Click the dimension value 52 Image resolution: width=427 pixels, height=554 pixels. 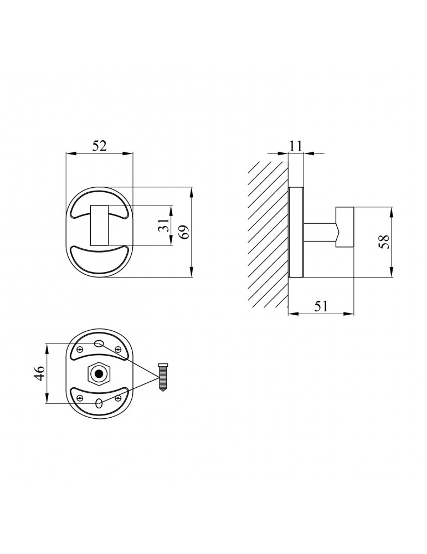pyautogui.click(x=99, y=146)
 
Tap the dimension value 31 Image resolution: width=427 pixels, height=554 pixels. pyautogui.click(x=163, y=225)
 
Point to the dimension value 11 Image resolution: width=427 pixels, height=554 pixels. pyautogui.click(x=296, y=146)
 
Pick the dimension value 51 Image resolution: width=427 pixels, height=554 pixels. pyautogui.click(x=321, y=306)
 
